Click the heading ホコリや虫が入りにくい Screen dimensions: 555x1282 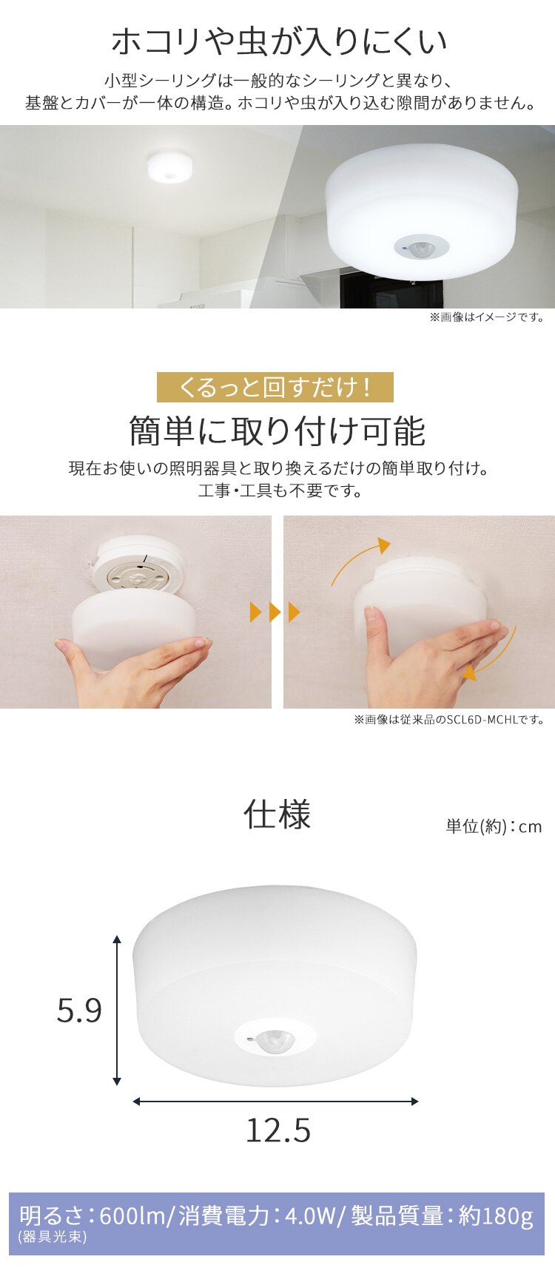(279, 41)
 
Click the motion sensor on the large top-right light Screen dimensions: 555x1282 (421, 246)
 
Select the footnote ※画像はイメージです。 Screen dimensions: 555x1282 (487, 317)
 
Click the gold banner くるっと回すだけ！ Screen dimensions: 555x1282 (275, 387)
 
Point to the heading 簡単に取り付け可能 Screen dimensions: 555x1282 (277, 431)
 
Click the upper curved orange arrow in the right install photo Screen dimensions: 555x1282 (359, 561)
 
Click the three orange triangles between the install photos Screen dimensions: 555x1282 (275, 613)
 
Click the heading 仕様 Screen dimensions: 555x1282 (277, 814)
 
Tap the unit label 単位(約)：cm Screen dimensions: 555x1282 (494, 826)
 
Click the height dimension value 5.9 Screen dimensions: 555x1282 (79, 1011)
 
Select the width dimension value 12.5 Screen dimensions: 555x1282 (278, 1130)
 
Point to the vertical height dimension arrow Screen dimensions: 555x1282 (117, 1010)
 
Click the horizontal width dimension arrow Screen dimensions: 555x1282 (275, 1101)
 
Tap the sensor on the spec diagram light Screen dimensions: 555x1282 (275, 1039)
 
